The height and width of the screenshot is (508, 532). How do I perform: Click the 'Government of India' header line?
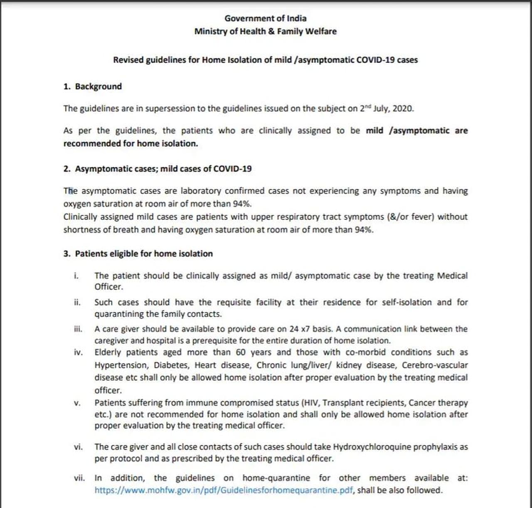266,18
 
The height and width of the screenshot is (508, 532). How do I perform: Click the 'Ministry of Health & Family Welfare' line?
266,31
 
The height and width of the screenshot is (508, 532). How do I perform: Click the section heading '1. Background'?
93,86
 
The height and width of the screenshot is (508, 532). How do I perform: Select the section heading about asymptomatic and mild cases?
158,169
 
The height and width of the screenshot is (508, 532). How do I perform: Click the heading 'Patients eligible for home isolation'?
144,254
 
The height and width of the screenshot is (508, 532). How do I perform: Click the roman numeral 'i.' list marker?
76,276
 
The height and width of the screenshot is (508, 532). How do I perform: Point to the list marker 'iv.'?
78,353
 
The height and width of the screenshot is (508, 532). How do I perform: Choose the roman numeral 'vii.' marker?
79,478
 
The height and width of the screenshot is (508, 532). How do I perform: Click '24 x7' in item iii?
299,329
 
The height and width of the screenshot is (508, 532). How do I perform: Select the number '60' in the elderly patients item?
242,353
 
